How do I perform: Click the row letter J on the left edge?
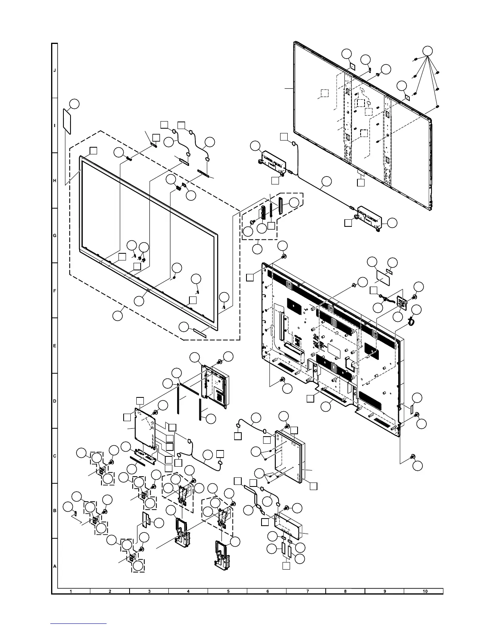click(55, 70)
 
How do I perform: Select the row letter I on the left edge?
click(55, 125)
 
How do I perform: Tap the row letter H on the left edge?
click(55, 180)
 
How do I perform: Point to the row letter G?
click(55, 236)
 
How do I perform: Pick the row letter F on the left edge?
click(55, 291)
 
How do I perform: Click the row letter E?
click(55, 346)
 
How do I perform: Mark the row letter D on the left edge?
click(55, 401)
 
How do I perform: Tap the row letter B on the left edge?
click(55, 511)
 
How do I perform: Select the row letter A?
click(55, 566)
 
